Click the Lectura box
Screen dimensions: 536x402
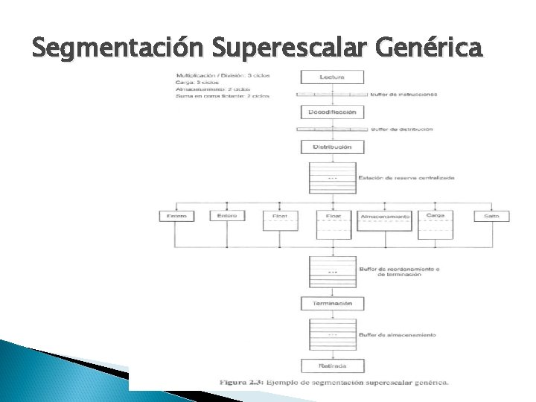(x=331, y=77)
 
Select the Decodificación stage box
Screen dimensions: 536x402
(x=331, y=112)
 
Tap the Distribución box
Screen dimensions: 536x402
(x=331, y=147)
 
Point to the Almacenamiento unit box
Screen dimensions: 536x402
(x=385, y=217)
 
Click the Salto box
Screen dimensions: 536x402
(x=491, y=216)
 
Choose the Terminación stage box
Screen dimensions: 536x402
(x=331, y=304)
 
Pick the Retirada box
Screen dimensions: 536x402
(x=331, y=366)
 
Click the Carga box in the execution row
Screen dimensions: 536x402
(x=436, y=215)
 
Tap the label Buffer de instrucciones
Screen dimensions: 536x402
(x=403, y=95)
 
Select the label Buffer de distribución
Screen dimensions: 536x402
(x=401, y=130)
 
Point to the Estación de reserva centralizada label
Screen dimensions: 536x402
(x=406, y=178)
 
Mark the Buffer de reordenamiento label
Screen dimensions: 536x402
(x=400, y=269)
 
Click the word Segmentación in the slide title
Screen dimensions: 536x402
(x=119, y=50)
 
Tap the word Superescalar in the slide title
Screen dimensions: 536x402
(x=291, y=50)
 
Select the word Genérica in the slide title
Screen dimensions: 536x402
(x=430, y=50)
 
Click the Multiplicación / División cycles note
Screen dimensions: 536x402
(x=223, y=76)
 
